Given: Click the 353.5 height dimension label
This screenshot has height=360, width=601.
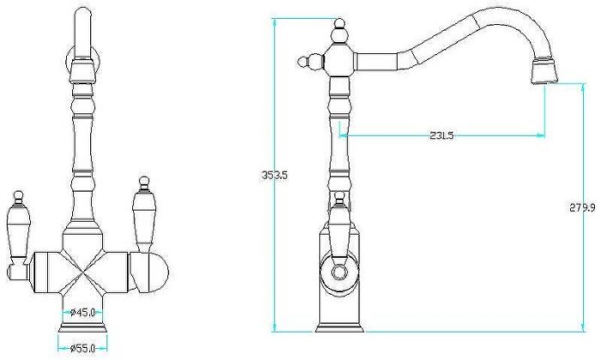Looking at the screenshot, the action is (275, 175).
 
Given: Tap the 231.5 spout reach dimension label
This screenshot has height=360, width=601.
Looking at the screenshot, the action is (441, 136).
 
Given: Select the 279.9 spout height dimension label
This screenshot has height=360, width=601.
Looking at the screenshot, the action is (582, 208).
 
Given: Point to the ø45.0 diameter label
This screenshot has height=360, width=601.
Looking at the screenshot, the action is (82, 313).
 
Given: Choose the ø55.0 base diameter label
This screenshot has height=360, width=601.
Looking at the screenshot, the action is (82, 349).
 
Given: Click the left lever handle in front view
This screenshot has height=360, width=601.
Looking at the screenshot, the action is (18, 234).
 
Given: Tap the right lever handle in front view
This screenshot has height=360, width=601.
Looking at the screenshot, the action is (143, 215).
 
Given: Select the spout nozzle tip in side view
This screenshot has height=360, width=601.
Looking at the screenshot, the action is (543, 71).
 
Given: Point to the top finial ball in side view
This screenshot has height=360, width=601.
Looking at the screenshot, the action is (338, 24).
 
